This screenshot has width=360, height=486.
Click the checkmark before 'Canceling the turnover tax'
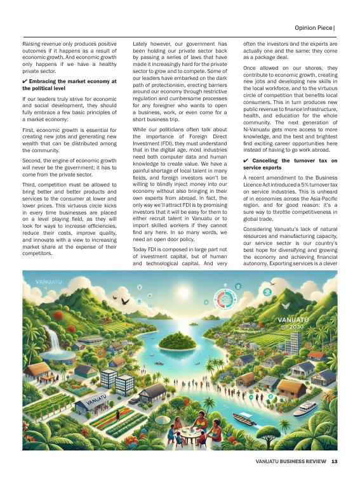[246, 161]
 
